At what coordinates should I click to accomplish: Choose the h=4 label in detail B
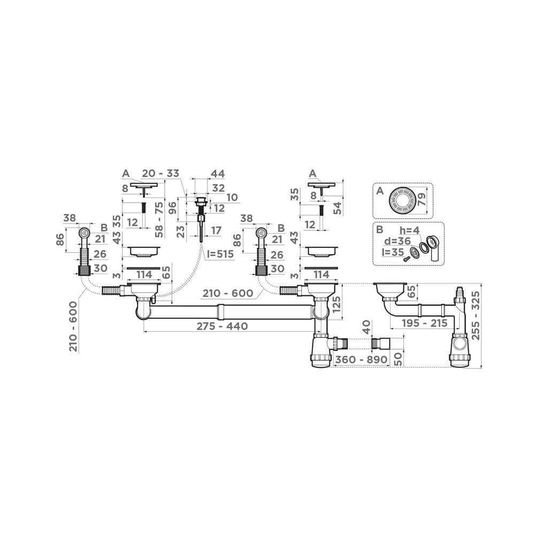(410, 231)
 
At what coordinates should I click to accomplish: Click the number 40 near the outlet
(365, 326)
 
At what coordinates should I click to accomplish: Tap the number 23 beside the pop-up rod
(180, 231)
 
